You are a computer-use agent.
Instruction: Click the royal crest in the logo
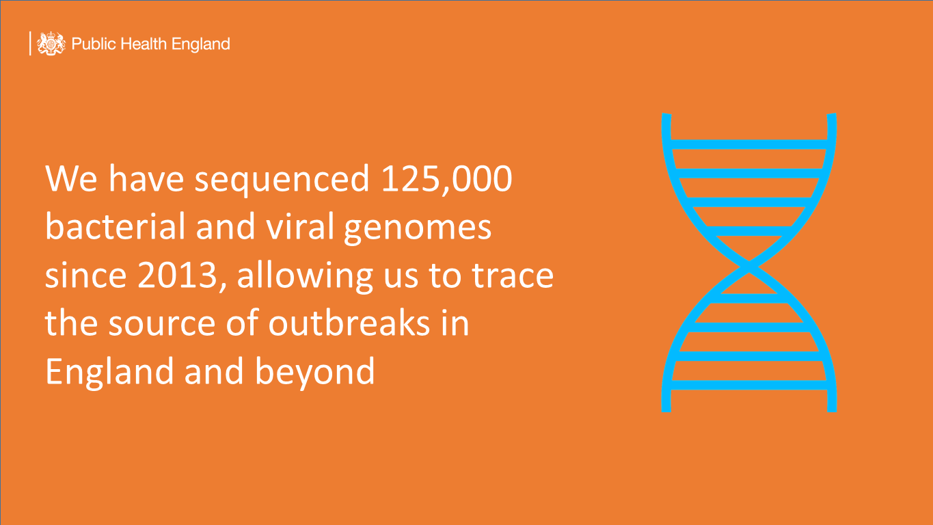(51, 43)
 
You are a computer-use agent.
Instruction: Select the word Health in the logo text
(144, 44)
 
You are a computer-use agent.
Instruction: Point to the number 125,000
(446, 179)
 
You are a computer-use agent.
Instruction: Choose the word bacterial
(115, 226)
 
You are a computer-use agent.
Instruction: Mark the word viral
(300, 226)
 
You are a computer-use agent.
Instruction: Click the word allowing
(305, 277)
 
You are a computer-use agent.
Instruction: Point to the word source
(161, 324)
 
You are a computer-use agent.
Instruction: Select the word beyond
(315, 372)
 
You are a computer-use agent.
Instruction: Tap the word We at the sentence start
(71, 178)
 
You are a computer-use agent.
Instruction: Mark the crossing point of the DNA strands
(749, 267)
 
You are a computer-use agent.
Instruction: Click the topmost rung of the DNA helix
(749, 144)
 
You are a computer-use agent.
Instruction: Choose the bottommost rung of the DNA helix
(749, 385)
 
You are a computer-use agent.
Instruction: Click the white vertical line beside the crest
(30, 43)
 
